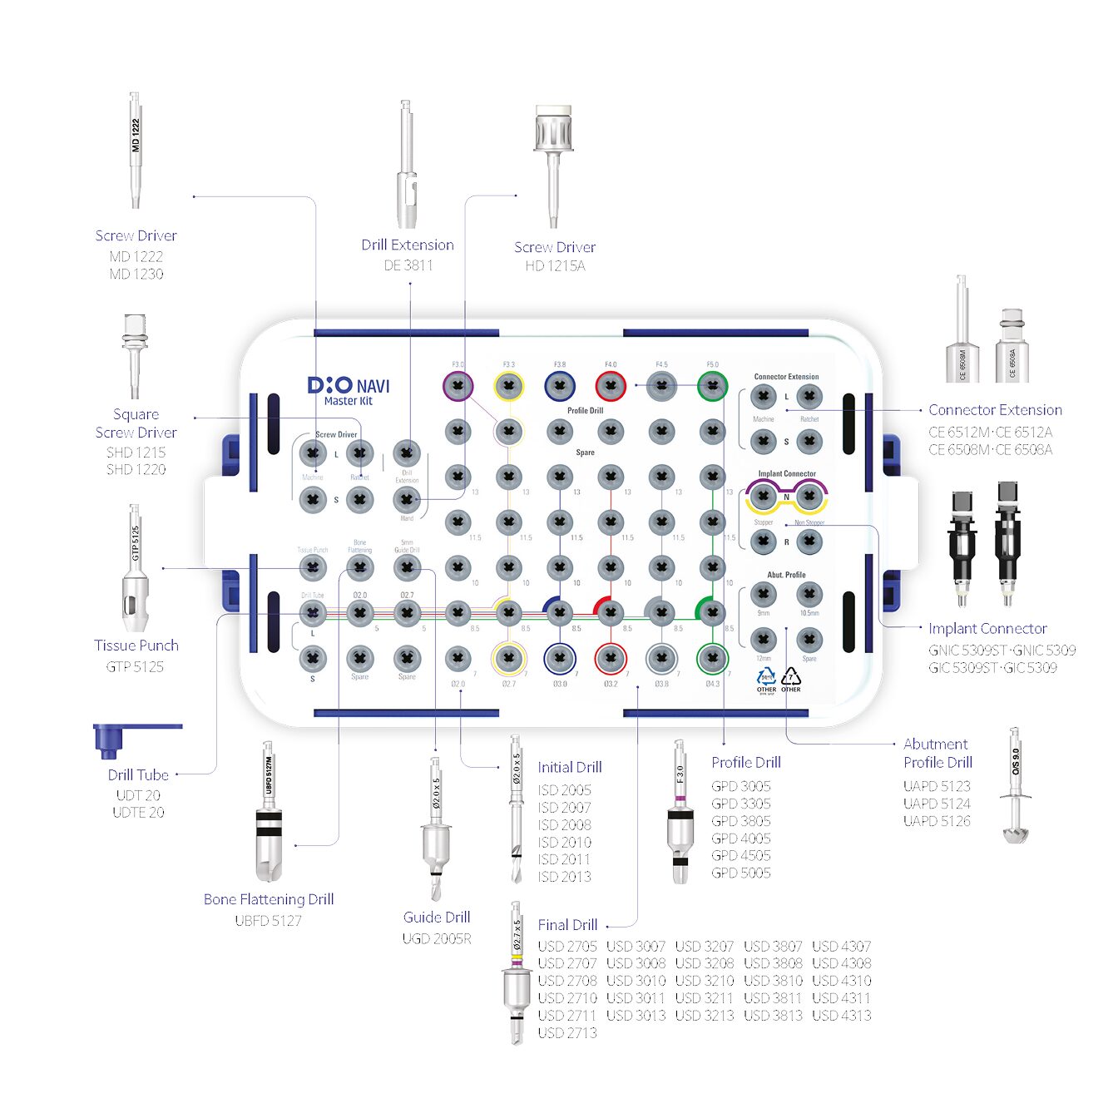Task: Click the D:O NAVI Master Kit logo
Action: pyautogui.click(x=349, y=390)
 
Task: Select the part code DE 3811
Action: pyautogui.click(x=408, y=265)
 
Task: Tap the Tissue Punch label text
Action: pyautogui.click(x=136, y=646)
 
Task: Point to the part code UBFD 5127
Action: pyautogui.click(x=268, y=921)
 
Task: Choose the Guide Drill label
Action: pyautogui.click(x=437, y=918)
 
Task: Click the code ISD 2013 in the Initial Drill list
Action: pyautogui.click(x=565, y=877)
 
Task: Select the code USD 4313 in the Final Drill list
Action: pyautogui.click(x=842, y=1016)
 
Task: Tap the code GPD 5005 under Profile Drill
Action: pyautogui.click(x=741, y=873)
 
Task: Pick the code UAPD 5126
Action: pyautogui.click(x=937, y=821)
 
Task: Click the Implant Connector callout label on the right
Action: pyautogui.click(x=987, y=629)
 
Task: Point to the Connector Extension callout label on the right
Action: pyautogui.click(x=995, y=410)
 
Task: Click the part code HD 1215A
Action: pyautogui.click(x=555, y=266)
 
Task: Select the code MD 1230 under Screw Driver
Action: pyautogui.click(x=136, y=274)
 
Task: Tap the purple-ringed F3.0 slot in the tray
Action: pyautogui.click(x=458, y=386)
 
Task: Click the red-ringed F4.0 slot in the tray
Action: pyautogui.click(x=611, y=386)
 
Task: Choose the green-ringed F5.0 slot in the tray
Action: pyautogui.click(x=713, y=386)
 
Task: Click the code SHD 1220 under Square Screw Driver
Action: pyautogui.click(x=136, y=470)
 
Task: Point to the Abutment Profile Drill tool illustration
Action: pyautogui.click(x=1016, y=786)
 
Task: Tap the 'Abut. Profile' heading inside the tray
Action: pyautogui.click(x=786, y=575)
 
